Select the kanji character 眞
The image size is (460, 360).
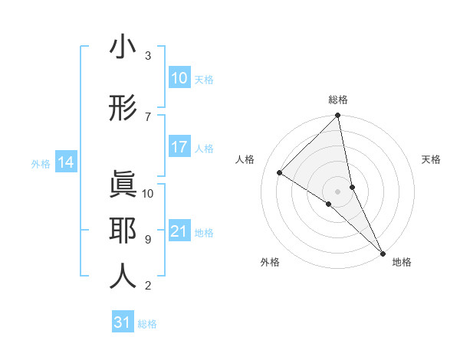pos(123,184)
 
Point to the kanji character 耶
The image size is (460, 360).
pos(123,231)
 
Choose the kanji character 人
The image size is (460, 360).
pos(123,277)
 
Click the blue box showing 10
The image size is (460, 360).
pos(179,78)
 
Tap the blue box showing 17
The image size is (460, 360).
pos(179,147)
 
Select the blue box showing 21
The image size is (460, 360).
pos(179,231)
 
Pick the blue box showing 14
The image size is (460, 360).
pos(66,162)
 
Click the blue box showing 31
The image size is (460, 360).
pos(123,322)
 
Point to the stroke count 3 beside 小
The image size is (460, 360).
pos(148,56)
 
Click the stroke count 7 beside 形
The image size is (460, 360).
pos(148,116)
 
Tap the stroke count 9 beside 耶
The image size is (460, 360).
pos(148,240)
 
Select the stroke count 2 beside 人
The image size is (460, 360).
pos(148,286)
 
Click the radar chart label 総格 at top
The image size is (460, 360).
pos(338,100)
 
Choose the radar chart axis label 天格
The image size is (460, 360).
pos(432,159)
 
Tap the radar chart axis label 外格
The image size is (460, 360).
pos(269,262)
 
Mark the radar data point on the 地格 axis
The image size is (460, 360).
pos(383,252)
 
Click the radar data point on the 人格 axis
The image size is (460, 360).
pos(280,172)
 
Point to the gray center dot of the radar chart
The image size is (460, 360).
pos(338,191)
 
